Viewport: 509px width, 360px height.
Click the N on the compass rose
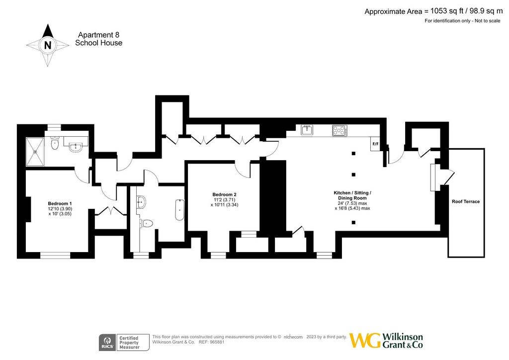coord(48,45)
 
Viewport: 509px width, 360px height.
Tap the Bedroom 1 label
coord(60,204)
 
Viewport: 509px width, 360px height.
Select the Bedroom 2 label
coord(224,195)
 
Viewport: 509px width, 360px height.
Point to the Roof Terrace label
coord(465,201)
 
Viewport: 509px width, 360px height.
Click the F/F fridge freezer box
coord(375,144)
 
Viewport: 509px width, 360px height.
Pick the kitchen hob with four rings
coord(339,130)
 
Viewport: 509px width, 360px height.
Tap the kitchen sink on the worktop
coord(307,130)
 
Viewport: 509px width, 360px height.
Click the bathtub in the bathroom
coord(179,210)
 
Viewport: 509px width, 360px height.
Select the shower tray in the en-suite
coord(35,152)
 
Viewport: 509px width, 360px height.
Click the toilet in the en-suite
coord(55,143)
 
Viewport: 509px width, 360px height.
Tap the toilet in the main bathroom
coord(147,223)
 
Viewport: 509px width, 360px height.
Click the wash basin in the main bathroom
coord(141,202)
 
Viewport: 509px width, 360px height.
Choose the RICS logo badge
coord(107,343)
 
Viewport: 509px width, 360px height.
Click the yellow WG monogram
coord(365,341)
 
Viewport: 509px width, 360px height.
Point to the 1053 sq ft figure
coord(447,11)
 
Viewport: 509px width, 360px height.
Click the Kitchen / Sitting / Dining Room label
coord(352,195)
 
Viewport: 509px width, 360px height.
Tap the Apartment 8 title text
coord(99,35)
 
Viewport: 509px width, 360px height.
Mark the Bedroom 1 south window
coord(55,256)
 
